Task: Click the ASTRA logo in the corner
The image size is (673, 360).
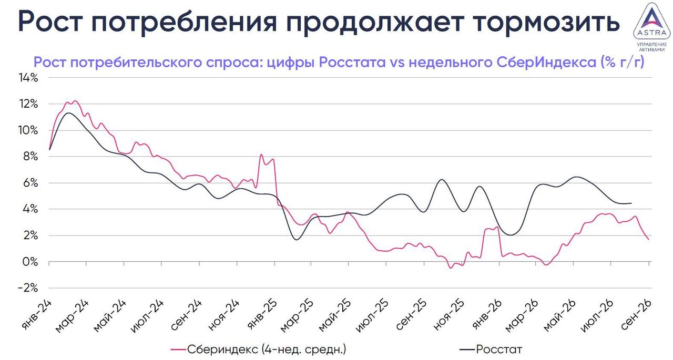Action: [x=651, y=27]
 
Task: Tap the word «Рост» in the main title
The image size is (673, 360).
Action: [x=50, y=22]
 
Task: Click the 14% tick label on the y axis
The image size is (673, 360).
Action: [x=28, y=78]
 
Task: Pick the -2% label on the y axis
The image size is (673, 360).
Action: [x=28, y=288]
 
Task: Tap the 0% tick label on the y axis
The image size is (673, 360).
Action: [x=30, y=262]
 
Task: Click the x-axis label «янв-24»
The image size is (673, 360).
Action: [x=37, y=315]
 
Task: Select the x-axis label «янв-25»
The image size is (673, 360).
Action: [x=261, y=315]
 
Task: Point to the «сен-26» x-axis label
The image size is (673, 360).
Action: [x=636, y=315]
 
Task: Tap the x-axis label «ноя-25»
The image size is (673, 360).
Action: [x=449, y=315]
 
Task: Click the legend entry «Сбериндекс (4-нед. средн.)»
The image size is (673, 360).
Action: [x=258, y=349]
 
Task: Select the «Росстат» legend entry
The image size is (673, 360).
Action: [x=491, y=349]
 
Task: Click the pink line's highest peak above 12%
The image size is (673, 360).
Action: [x=75, y=101]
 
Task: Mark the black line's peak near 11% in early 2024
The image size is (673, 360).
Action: [x=68, y=113]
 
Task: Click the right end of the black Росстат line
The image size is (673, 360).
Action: [x=631, y=203]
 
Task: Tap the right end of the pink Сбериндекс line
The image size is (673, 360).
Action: [x=648, y=239]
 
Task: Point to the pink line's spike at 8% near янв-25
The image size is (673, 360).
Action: [x=261, y=155]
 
